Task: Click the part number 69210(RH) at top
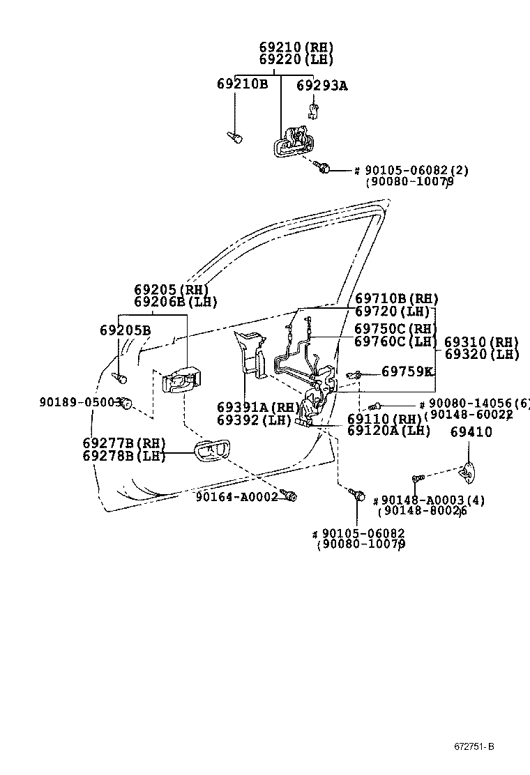click(x=296, y=47)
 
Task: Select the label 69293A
click(x=321, y=86)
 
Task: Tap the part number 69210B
click(x=242, y=84)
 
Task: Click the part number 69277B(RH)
click(x=124, y=443)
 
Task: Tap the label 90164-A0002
click(x=237, y=496)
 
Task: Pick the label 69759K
click(x=407, y=371)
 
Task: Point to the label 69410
click(x=471, y=432)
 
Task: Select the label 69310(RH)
click(x=482, y=342)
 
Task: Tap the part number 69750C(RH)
click(x=395, y=329)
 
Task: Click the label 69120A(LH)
click(x=388, y=431)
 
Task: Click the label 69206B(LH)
click(x=176, y=302)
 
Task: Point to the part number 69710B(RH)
click(x=396, y=298)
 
